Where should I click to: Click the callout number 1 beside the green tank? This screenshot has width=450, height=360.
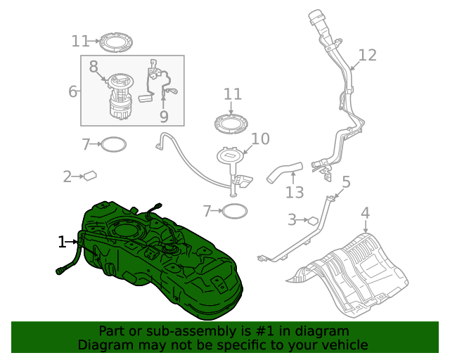pyautogui.click(x=62, y=242)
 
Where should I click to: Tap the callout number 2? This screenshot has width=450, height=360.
pyautogui.click(x=67, y=176)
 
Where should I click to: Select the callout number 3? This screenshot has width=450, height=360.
pyautogui.click(x=292, y=220)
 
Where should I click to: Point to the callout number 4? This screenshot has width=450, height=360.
pyautogui.click(x=365, y=213)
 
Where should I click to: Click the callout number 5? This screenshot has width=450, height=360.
pyautogui.click(x=347, y=182)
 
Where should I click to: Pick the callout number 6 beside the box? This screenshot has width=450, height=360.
pyautogui.click(x=72, y=91)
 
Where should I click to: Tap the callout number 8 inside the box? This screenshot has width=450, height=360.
pyautogui.click(x=94, y=67)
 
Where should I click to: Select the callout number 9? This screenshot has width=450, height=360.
pyautogui.click(x=164, y=116)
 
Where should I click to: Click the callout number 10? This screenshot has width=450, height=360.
pyautogui.click(x=260, y=139)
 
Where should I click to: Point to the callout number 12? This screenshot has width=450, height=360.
pyautogui.click(x=367, y=55)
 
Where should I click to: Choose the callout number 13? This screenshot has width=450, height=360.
pyautogui.click(x=295, y=193)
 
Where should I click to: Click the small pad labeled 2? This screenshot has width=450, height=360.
pyautogui.click(x=90, y=175)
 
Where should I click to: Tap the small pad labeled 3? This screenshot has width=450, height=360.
pyautogui.click(x=313, y=221)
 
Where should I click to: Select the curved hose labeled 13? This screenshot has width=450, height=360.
pyautogui.click(x=284, y=172)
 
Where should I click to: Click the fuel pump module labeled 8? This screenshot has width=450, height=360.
pyautogui.click(x=121, y=96)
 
